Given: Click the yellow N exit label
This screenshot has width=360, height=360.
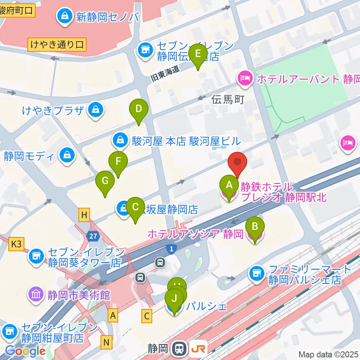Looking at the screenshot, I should tap(107, 342).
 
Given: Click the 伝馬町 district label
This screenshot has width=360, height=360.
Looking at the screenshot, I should tap(228, 99).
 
